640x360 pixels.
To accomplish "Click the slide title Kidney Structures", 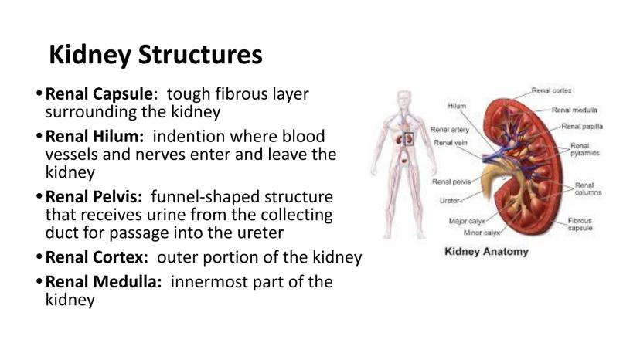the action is coord(155,55).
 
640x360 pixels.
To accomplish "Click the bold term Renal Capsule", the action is coord(99,94).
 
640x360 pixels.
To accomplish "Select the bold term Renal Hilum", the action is coord(94,136).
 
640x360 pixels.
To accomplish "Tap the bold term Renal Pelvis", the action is coord(94,197).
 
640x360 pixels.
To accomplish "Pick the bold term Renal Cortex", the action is coord(97,257).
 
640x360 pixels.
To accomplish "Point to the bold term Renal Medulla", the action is coord(104,282).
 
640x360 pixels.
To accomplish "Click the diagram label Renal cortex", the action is coord(551,90).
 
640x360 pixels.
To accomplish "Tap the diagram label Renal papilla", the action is coord(582,127).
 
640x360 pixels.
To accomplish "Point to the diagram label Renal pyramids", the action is coord(584,149).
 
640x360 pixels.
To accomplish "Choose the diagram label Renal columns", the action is coord(588,188).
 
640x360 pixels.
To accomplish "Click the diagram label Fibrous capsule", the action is coord(580,224).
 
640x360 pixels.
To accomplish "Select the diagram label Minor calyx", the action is coord(482,233).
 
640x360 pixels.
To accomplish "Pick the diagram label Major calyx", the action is coord(467,221).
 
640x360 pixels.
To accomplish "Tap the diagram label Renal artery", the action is coord(450,129).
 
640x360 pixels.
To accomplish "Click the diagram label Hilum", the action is coord(457,106).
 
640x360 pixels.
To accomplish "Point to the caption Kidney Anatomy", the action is coord(486,251).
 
